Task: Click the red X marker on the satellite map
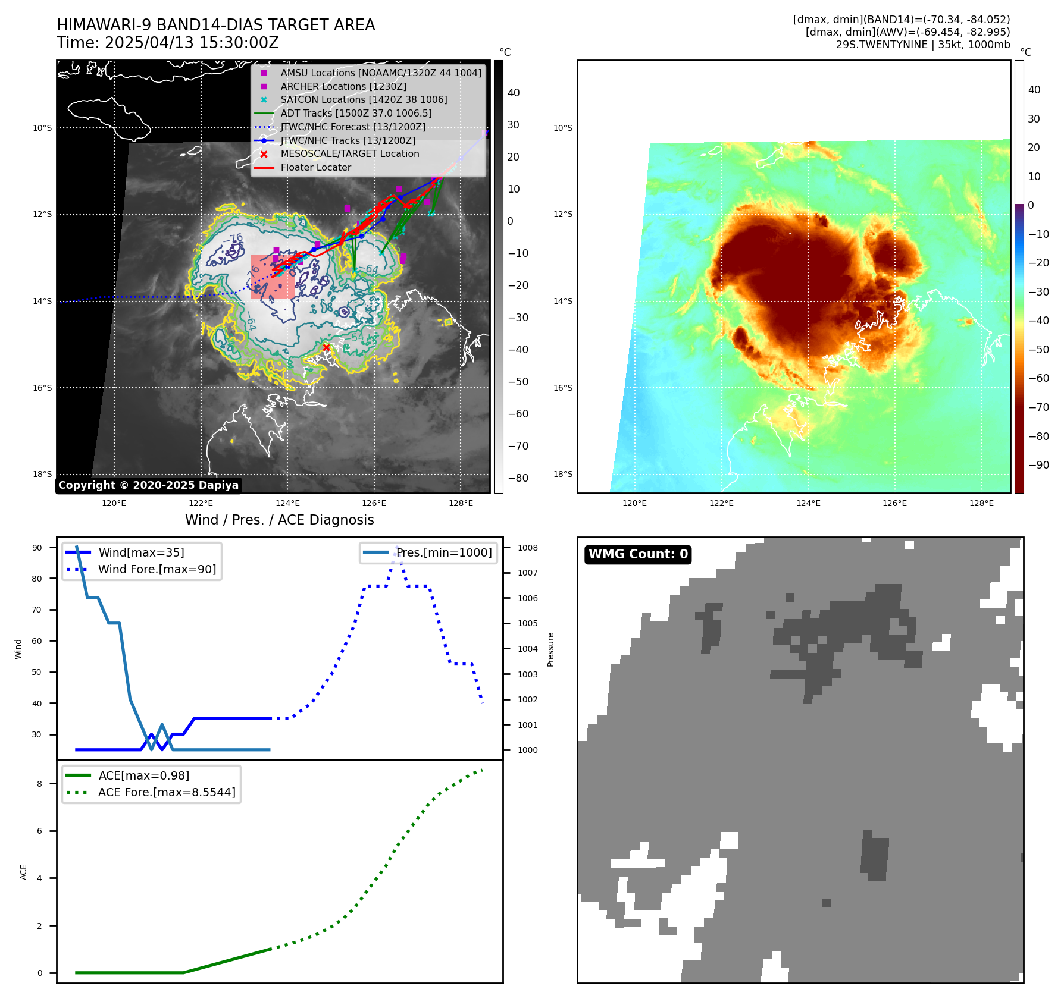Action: pos(326,348)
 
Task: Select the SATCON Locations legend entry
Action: pos(364,100)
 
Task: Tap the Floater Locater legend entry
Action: pos(315,168)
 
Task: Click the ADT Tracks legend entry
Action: pos(356,114)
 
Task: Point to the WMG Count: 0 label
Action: pos(638,554)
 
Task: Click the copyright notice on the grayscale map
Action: pos(148,485)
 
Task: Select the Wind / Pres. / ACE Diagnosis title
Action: pos(280,520)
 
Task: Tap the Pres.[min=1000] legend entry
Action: pos(444,553)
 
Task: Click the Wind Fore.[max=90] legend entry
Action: pos(157,570)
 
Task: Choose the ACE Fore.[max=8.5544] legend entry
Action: pos(167,793)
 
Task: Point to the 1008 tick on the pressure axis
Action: pos(527,548)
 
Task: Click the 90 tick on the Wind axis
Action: pos(37,548)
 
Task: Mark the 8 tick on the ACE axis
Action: pos(40,784)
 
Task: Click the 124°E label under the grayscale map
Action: pos(287,504)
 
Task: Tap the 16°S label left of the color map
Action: pos(563,388)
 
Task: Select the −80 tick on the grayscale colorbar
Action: pos(518,478)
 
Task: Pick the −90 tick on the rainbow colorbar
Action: pos(1038,465)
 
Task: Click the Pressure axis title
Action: pos(550,649)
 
